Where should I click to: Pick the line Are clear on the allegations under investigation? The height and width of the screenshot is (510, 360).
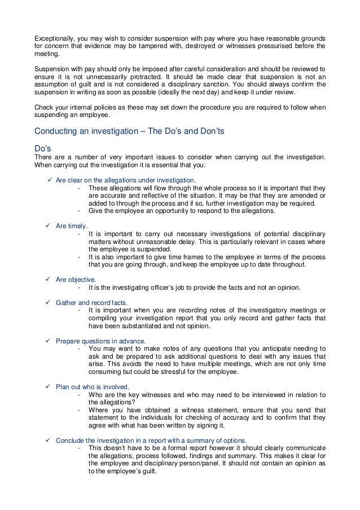(x=125, y=180)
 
